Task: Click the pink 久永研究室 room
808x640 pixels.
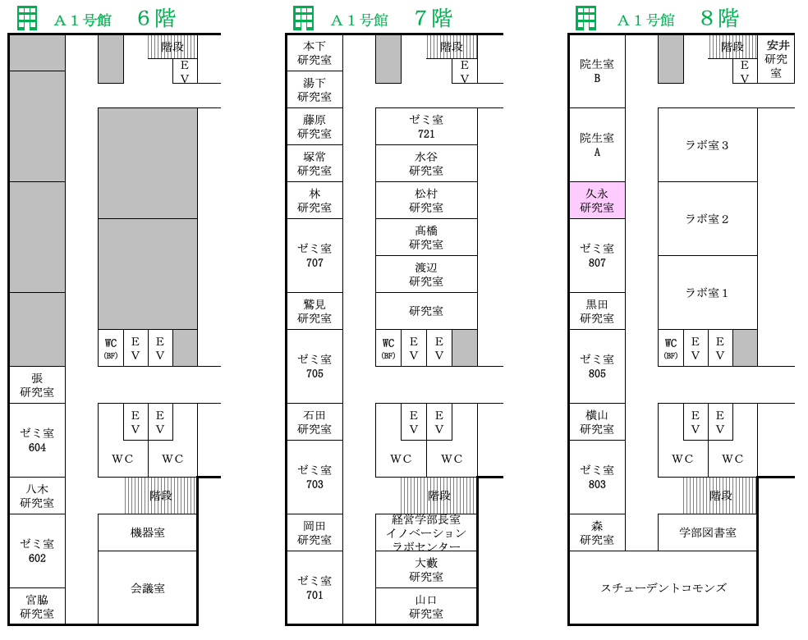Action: pos(597,200)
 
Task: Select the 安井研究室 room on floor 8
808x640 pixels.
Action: pos(776,59)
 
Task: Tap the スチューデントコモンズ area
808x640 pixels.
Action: pos(663,587)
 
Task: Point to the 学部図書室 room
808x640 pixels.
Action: pos(708,533)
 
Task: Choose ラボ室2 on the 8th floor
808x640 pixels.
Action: pos(708,219)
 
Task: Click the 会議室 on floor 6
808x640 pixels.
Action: pos(148,587)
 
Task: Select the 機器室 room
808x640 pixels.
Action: pos(148,533)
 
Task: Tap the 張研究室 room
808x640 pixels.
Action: pos(37,385)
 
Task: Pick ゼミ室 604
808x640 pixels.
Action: pos(37,441)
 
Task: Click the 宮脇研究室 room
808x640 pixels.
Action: pos(37,606)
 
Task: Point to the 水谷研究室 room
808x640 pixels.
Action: pos(426,163)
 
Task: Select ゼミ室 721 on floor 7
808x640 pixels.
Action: pos(426,126)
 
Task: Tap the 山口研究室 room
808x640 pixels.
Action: pos(426,606)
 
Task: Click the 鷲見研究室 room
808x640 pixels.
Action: pos(314,311)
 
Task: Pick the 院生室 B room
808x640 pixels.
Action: pos(597,71)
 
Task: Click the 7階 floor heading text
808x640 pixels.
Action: pos(434,19)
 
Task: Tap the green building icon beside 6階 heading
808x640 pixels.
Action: pos(27,18)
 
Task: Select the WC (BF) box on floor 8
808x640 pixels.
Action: pos(671,348)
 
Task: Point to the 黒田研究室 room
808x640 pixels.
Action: pos(597,311)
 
